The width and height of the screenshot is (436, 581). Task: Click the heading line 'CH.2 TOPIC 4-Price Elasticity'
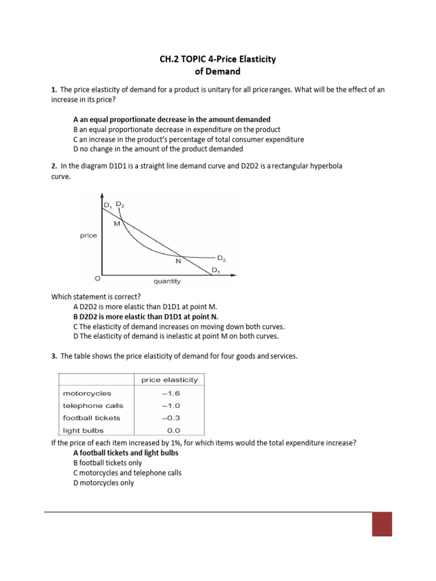coord(218,60)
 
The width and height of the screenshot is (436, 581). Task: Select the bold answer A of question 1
coord(172,120)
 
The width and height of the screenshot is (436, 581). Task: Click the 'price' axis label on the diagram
coord(89,235)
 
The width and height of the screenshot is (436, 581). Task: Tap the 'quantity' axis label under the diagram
coord(167,281)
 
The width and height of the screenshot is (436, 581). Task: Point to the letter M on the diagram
coord(117,224)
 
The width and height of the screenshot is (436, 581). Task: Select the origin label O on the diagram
coord(97,279)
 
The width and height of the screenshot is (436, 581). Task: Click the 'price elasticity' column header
coord(169,380)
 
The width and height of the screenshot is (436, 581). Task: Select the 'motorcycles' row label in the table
coord(87,393)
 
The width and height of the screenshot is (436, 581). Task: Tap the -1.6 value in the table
coord(173,393)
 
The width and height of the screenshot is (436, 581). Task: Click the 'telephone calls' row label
coord(93,406)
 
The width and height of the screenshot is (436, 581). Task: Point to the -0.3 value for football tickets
coord(173,418)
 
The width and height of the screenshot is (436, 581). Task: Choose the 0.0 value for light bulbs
coord(174,430)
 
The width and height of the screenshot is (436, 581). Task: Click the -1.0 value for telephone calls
coord(173,406)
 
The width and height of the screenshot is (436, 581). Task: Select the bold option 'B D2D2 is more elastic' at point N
coord(145,317)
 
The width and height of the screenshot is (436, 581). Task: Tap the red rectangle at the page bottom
coord(381,524)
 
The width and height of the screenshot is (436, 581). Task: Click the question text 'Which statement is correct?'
coord(96,296)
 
